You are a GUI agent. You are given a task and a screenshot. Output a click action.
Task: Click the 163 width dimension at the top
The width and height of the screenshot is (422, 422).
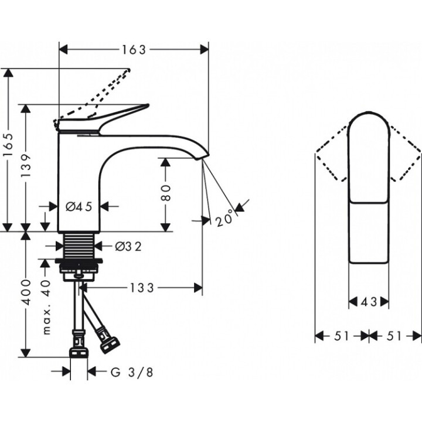coord(134,50)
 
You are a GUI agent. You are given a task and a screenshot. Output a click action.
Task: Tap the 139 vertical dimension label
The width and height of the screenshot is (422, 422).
coord(25,167)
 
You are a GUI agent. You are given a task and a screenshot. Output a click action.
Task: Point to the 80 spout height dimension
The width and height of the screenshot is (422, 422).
coord(166,193)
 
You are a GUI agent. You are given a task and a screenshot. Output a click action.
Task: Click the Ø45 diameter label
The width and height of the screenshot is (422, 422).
coord(79,206)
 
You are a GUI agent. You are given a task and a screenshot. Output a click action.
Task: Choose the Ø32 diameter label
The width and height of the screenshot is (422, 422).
coord(128,247)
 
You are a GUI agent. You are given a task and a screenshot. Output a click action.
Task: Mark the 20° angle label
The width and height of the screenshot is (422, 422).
coord(224,219)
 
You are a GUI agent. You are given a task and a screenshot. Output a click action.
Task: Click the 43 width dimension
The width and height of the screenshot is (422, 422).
coord(369,302)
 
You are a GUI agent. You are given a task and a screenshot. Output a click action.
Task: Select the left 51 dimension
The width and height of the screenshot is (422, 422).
coord(342,336)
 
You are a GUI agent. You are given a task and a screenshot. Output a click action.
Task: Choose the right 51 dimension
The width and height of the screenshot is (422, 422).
coord(396,336)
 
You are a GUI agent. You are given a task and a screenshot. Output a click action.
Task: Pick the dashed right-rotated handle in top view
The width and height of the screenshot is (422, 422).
coord(404,155)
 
